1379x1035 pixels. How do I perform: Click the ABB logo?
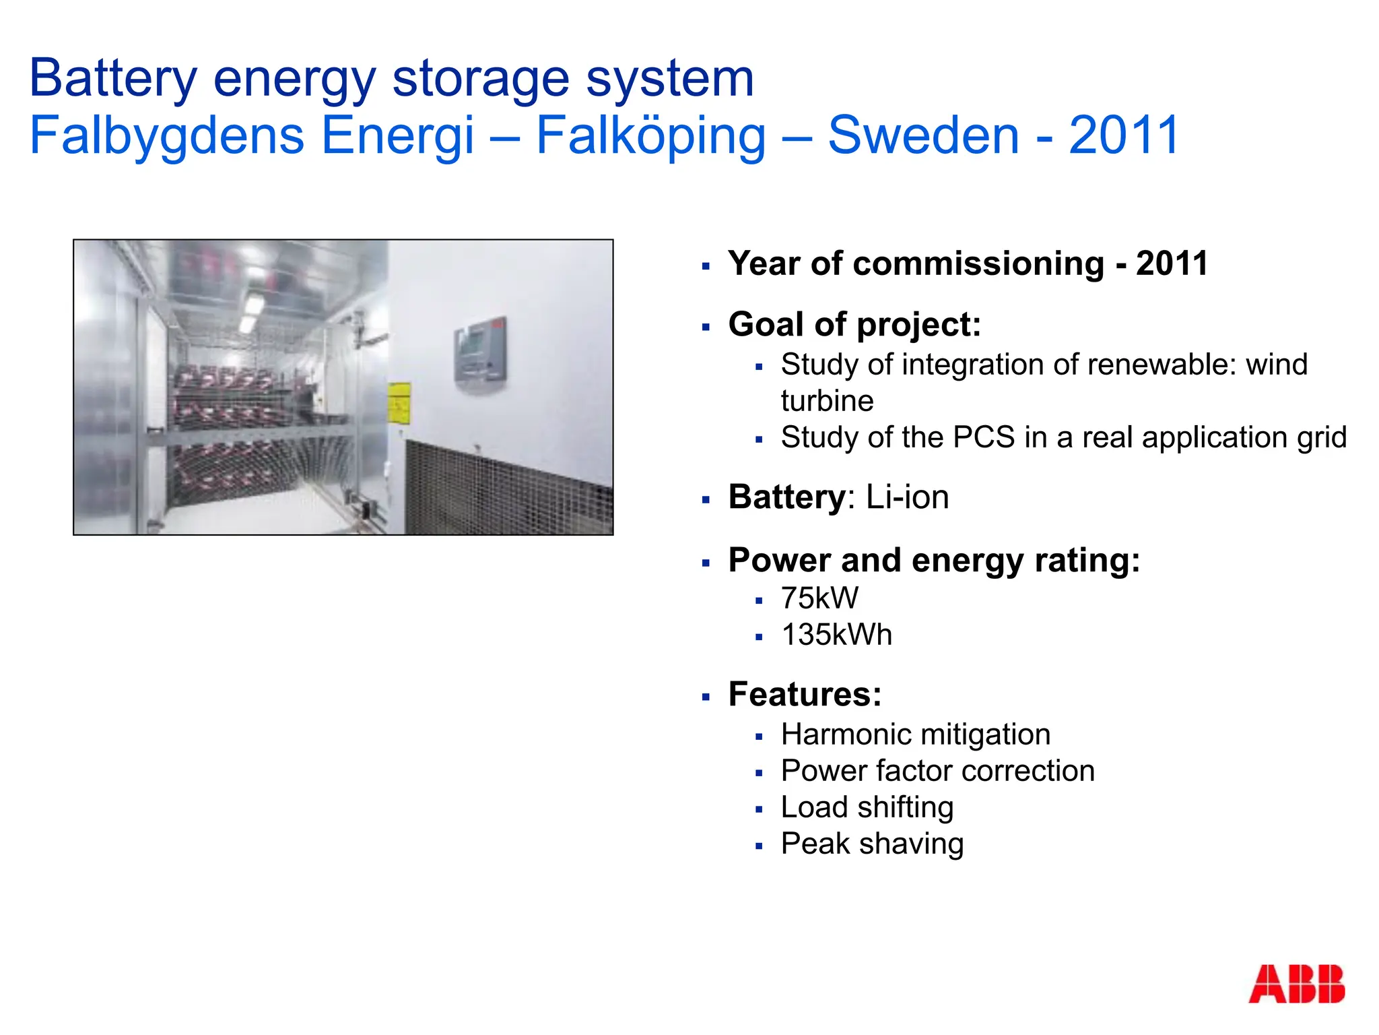click(x=1296, y=984)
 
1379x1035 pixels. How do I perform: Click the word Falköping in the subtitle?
click(x=650, y=135)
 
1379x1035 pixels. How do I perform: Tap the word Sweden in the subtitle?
click(x=923, y=135)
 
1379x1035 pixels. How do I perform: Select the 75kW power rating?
click(x=819, y=598)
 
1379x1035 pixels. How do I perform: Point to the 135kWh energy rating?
click(x=836, y=635)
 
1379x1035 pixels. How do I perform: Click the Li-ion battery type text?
click(x=907, y=497)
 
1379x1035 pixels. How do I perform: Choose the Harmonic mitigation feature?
click(x=915, y=734)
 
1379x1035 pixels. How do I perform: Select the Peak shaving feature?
click(x=872, y=844)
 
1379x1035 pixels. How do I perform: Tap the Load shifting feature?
click(x=867, y=807)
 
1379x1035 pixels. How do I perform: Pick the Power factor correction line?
click(x=937, y=771)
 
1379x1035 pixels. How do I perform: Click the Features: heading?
click(x=805, y=694)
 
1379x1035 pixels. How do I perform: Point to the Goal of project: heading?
click(x=854, y=324)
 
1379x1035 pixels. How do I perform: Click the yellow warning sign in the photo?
click(x=399, y=403)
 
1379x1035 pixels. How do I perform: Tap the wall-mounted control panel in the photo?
click(x=479, y=350)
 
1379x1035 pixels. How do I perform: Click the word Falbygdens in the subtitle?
click(x=168, y=135)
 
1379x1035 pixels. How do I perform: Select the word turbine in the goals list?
click(x=827, y=401)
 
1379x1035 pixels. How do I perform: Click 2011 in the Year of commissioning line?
click(x=1172, y=263)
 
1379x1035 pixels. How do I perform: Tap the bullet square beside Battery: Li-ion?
click(x=706, y=500)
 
